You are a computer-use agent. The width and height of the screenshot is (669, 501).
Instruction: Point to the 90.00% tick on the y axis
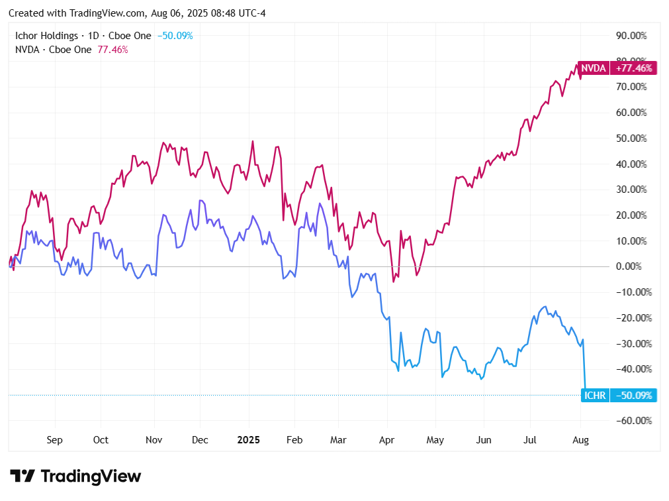click(x=634, y=35)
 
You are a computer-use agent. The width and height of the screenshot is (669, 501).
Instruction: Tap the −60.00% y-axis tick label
click(x=634, y=421)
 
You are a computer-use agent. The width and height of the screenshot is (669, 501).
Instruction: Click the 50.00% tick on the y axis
click(x=634, y=139)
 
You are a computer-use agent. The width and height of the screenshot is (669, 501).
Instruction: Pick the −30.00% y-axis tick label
click(x=634, y=343)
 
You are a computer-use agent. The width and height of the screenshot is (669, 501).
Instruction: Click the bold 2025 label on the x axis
click(x=249, y=440)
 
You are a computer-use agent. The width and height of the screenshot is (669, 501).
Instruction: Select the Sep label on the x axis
click(x=55, y=440)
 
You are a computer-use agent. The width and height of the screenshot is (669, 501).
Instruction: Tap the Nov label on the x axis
click(x=154, y=440)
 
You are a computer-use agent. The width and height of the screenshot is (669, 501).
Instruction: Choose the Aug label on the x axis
click(x=580, y=440)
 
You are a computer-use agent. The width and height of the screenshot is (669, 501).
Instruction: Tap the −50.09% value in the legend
click(x=175, y=36)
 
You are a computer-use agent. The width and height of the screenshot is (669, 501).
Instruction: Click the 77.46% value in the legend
click(x=113, y=49)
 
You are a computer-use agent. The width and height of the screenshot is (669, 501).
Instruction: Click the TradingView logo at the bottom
click(x=76, y=476)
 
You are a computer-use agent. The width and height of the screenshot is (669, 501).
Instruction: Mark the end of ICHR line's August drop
click(x=585, y=395)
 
